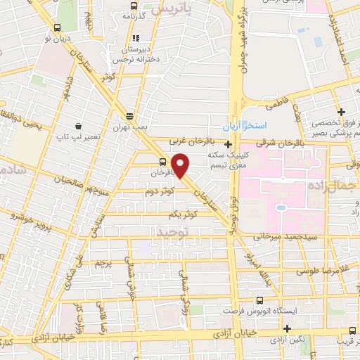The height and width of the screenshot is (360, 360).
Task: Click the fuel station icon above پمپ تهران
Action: [129, 117]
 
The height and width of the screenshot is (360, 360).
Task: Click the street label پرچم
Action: [103, 264]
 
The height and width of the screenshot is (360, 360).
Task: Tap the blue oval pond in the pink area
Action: [281, 208]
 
